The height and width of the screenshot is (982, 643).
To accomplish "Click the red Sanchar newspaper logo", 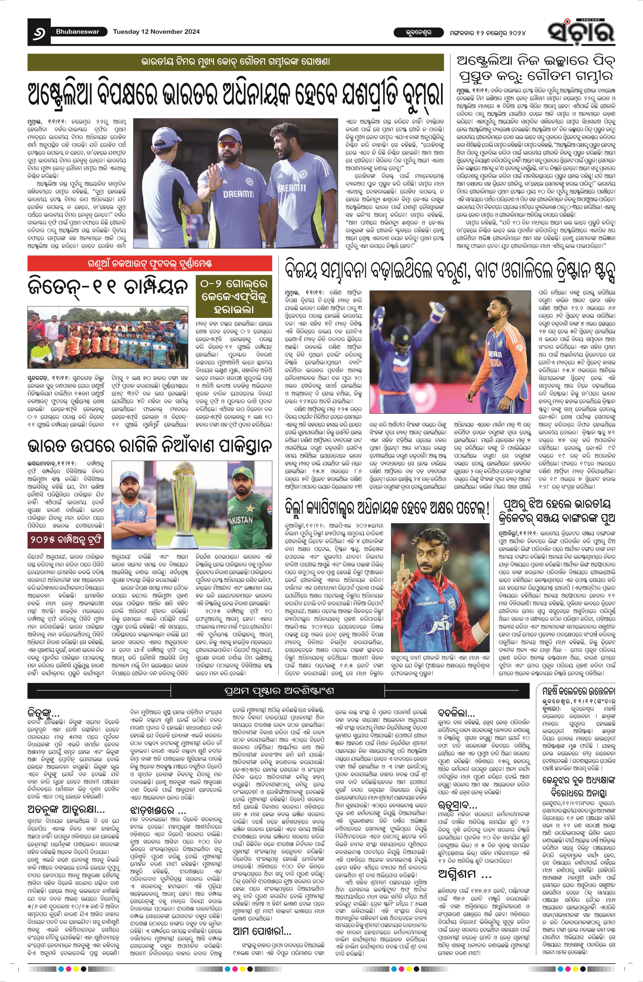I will pos(581,31).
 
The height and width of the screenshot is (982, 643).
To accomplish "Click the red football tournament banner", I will pos(150,263).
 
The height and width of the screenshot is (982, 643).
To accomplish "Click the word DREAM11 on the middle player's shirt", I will pos(236,194).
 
